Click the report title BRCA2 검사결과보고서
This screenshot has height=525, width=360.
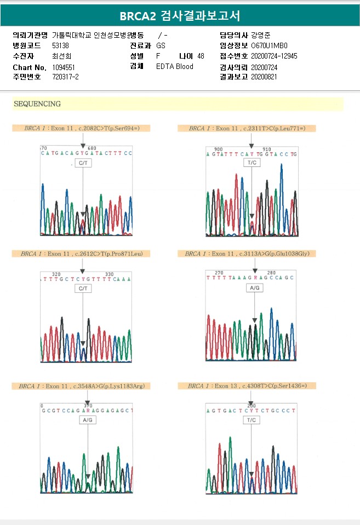(180, 15)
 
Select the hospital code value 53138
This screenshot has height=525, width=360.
(60, 45)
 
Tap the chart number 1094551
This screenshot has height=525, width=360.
(64, 67)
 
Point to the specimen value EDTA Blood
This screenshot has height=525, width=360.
(174, 67)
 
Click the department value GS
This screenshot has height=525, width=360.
(161, 45)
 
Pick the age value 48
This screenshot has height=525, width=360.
(201, 56)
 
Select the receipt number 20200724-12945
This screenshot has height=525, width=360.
(274, 56)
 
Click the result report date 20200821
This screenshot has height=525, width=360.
(264, 77)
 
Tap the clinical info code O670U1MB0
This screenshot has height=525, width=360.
(269, 45)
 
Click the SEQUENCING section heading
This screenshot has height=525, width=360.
(37, 103)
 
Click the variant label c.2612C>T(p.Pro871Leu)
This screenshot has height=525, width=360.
(106, 253)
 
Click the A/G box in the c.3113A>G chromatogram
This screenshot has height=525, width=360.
(255, 288)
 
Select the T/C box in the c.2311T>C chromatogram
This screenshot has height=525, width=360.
(252, 163)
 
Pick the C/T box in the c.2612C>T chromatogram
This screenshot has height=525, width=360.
(83, 289)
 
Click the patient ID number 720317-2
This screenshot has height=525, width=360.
(65, 77)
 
